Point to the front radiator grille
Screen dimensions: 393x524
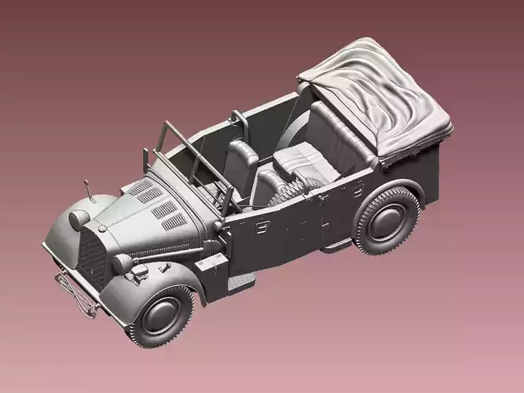[93, 258]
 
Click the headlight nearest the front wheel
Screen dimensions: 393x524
[122, 263]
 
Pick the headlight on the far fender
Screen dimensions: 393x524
[79, 219]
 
